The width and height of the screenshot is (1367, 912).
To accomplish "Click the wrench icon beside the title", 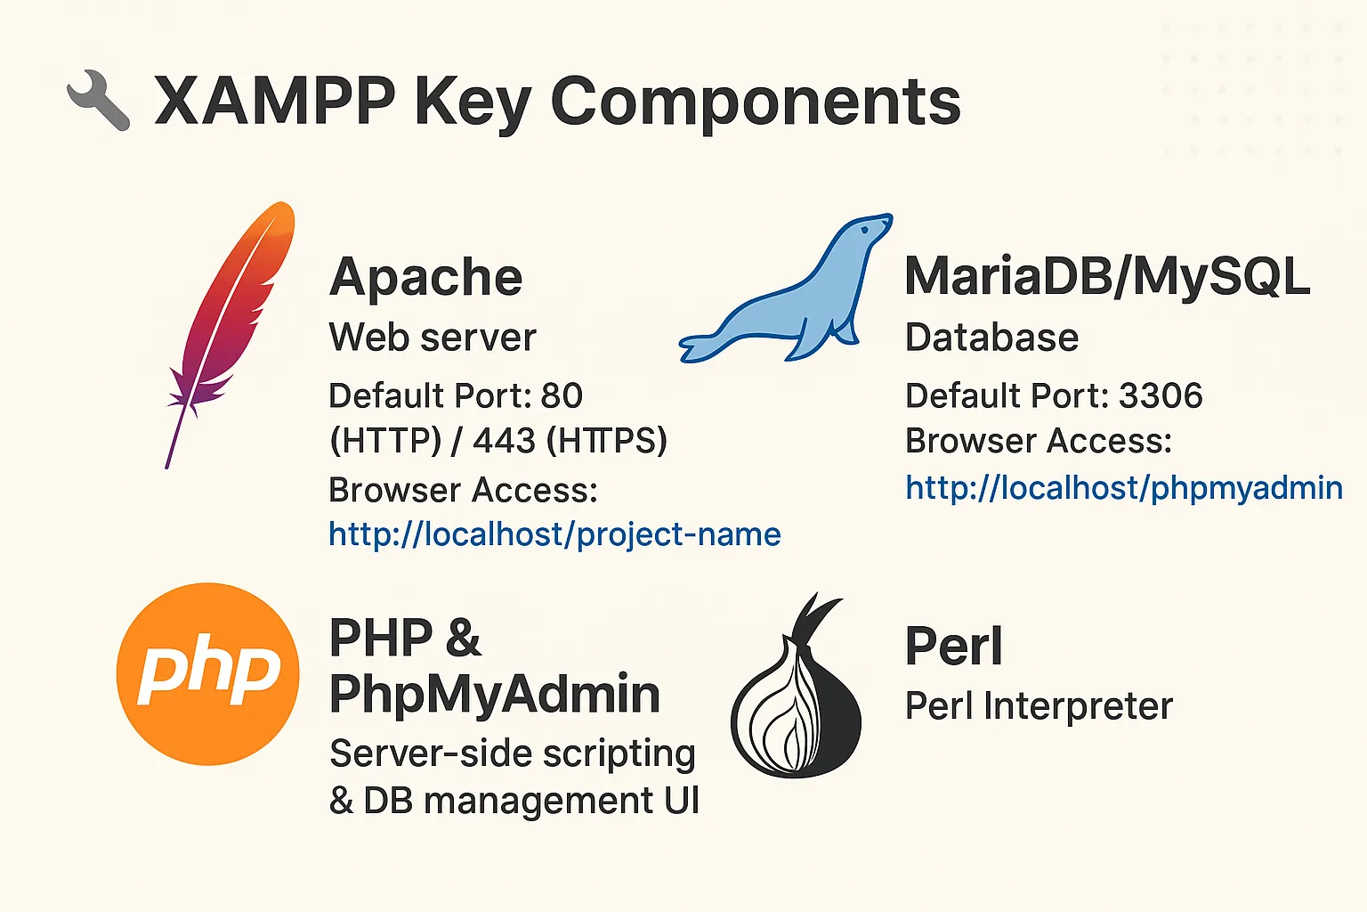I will coord(99,101).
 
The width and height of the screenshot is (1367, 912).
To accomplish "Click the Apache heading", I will coord(425,278).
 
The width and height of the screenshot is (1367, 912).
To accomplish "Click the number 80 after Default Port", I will coord(562,395).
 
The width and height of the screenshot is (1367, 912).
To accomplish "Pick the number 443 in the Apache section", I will coord(504,441).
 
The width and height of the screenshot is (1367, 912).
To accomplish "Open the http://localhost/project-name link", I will coord(554,534).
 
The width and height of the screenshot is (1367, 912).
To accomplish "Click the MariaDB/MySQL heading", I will coord(1106,276).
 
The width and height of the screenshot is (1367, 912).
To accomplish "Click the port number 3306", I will coord(1161,395).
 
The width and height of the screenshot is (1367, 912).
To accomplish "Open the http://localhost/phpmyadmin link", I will coord(1123,488).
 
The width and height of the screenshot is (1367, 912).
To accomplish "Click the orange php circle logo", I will coord(207,674).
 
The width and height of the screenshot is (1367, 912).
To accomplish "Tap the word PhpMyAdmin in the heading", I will coord(495,695).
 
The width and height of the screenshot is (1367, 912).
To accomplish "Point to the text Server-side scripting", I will coord(512,754).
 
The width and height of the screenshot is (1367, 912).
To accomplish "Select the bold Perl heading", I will coord(953,647).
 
